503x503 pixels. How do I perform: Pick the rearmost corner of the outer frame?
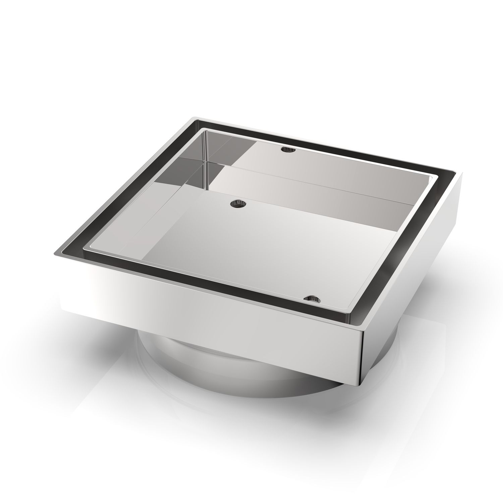(x=194, y=118)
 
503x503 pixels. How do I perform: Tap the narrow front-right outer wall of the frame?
(x=412, y=275)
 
